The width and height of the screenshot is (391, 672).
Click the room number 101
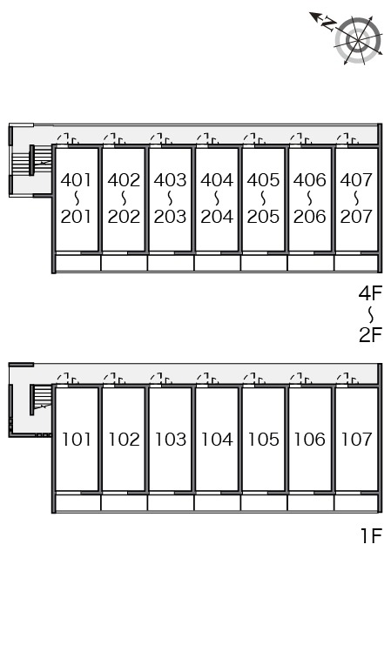tap(77, 440)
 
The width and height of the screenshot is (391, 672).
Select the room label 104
tap(217, 440)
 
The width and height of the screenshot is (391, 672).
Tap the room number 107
tap(357, 440)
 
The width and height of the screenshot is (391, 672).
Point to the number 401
tap(77, 180)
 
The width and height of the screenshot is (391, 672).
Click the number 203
tap(170, 217)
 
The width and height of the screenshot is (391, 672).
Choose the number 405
tap(263, 180)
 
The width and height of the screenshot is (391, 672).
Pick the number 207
tap(356, 217)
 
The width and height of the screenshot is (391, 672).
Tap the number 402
tap(124, 180)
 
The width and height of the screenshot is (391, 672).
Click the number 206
tap(310, 217)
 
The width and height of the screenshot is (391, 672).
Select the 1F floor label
tap(371, 535)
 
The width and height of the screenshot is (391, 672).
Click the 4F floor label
tap(370, 293)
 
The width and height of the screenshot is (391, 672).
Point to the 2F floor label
tap(370, 335)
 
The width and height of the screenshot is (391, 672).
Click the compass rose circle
tap(358, 41)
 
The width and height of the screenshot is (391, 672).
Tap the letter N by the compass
tap(328, 24)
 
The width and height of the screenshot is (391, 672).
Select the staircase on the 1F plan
tap(40, 400)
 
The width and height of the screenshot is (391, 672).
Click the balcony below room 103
tap(171, 503)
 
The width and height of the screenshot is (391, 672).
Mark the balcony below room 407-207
tap(357, 263)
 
